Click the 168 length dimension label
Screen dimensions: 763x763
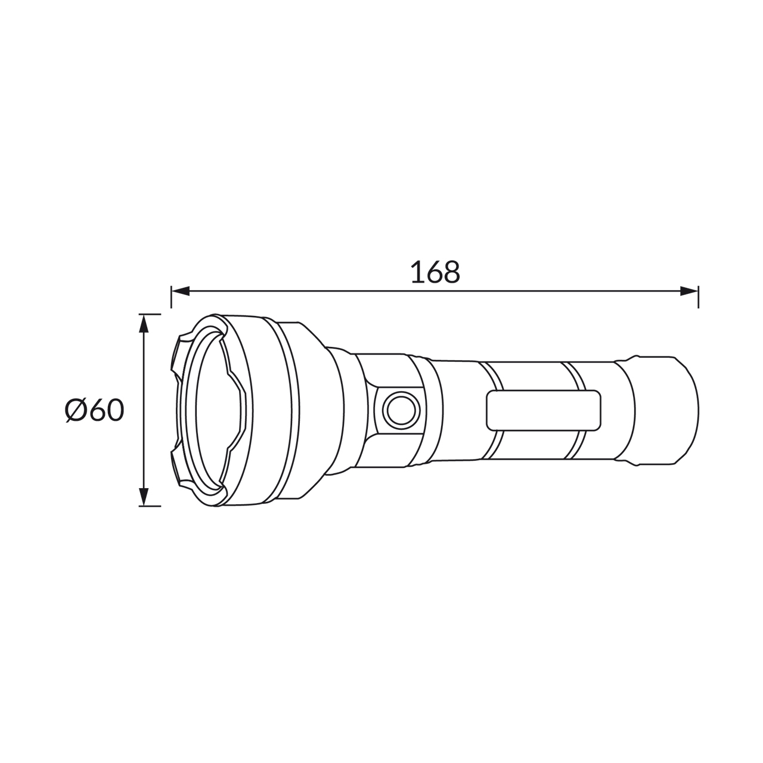click(x=435, y=272)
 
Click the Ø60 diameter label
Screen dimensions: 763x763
click(x=94, y=410)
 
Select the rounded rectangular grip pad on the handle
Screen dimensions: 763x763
click(x=543, y=410)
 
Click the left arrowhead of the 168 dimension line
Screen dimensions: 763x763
click(x=181, y=291)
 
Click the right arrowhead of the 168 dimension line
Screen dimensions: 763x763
click(x=689, y=291)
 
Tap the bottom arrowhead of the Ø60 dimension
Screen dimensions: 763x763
click(x=144, y=497)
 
